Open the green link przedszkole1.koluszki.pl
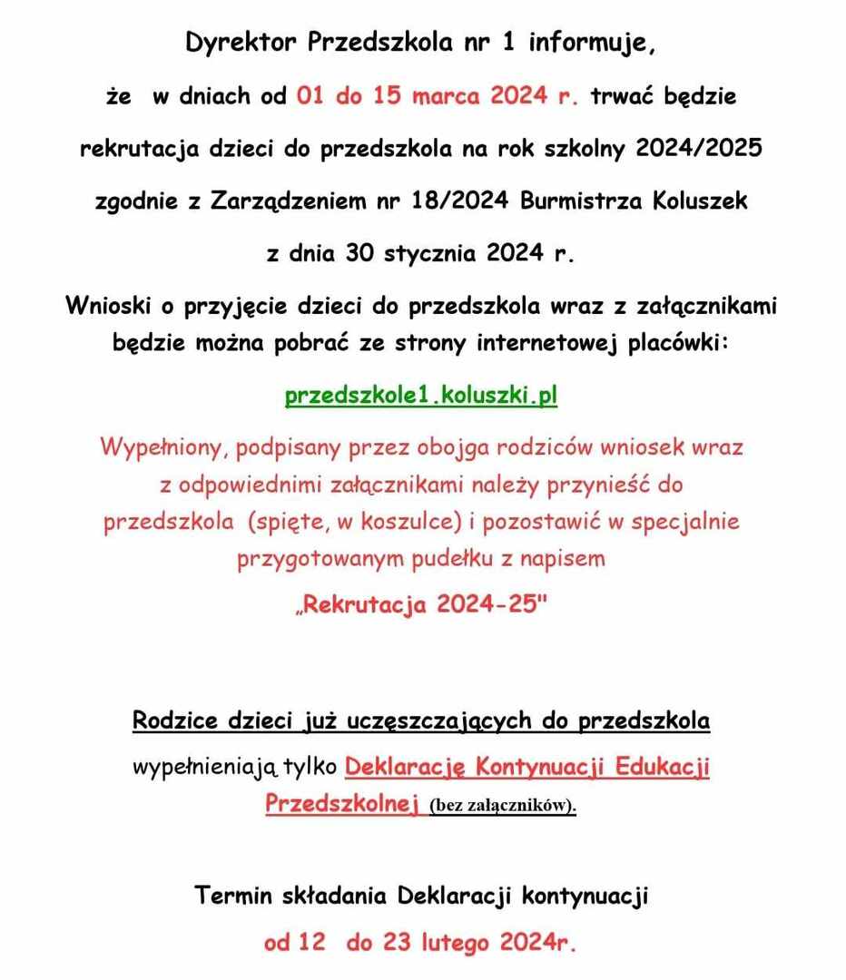coord(421,397)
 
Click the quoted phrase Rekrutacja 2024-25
coord(423,606)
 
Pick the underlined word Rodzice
coord(175,722)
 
